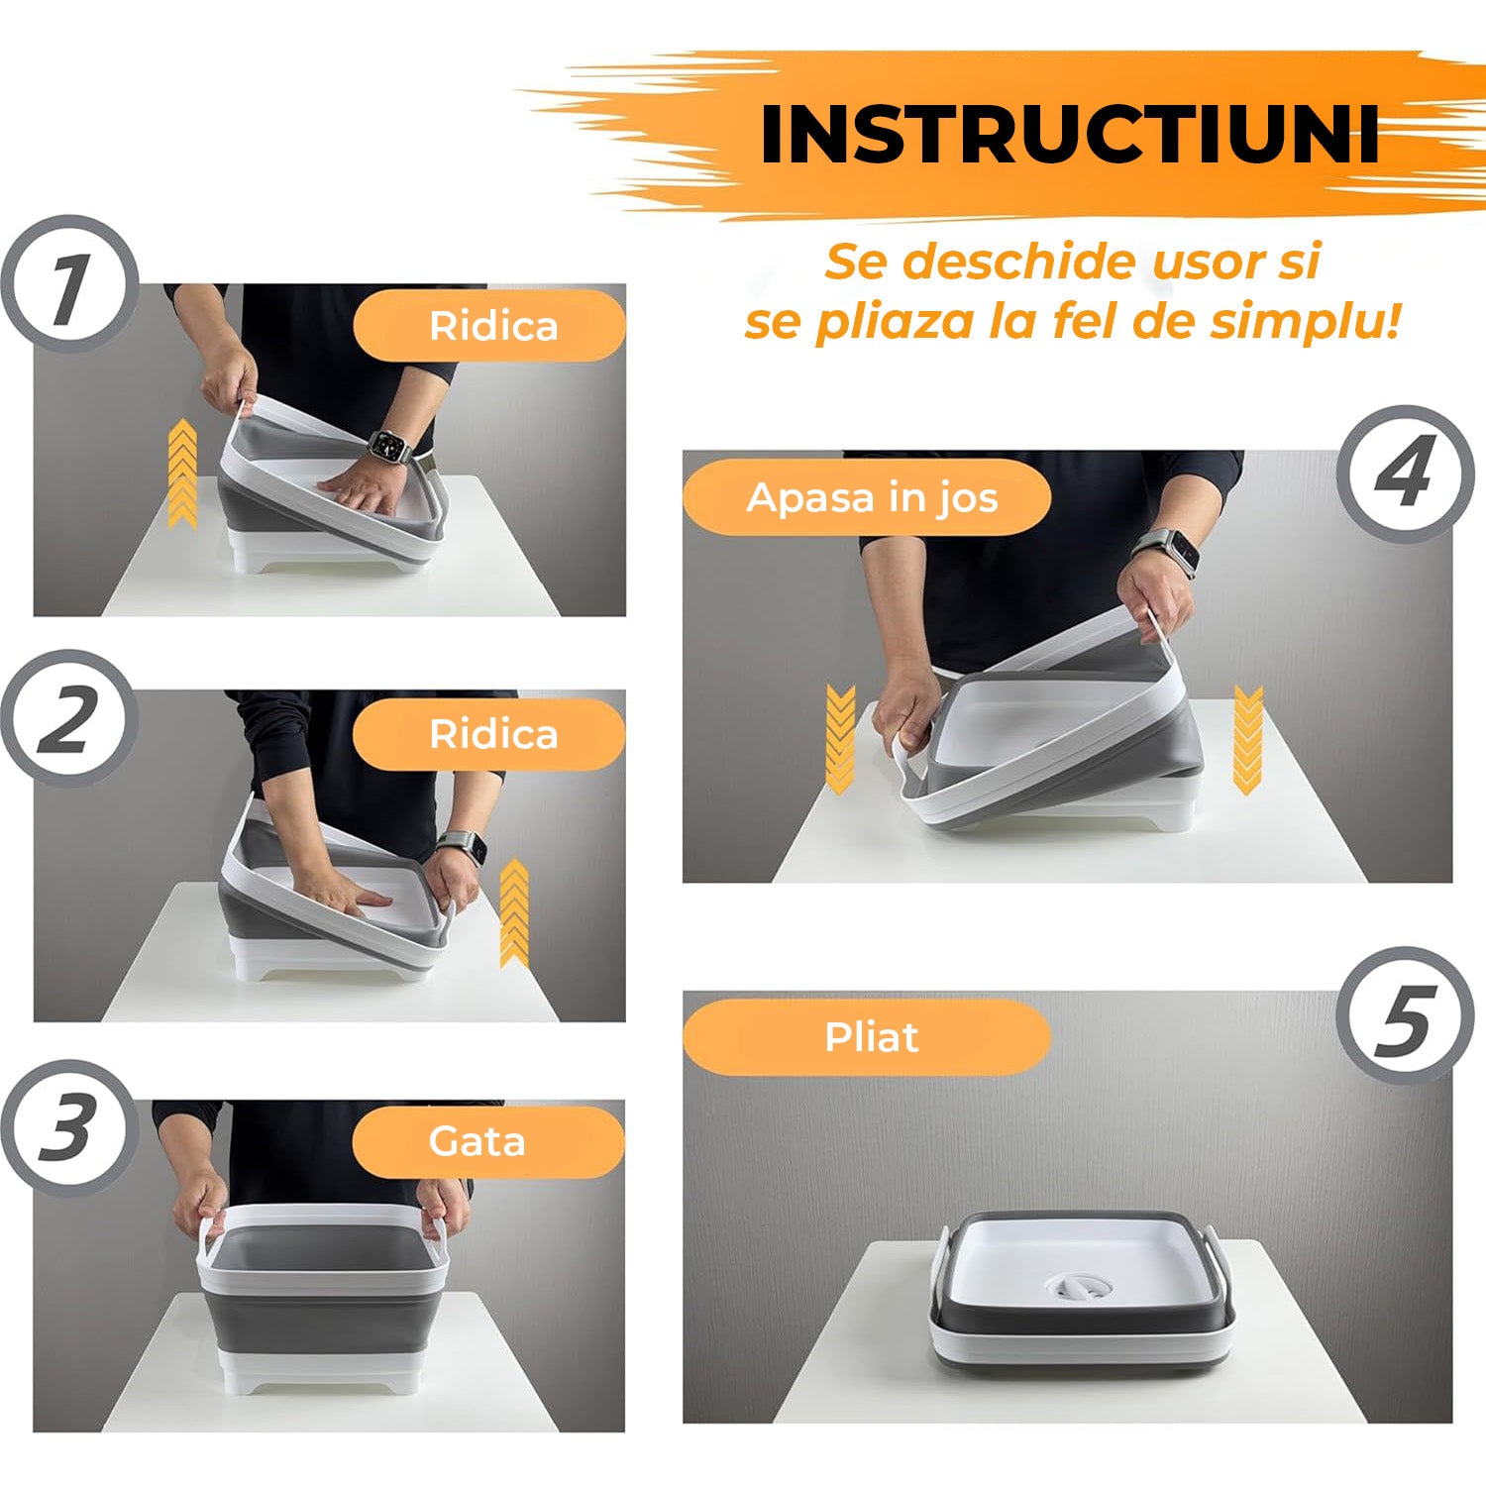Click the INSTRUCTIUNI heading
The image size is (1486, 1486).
coord(1070,134)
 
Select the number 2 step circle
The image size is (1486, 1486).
coord(69,718)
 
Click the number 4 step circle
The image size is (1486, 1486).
coord(1405,474)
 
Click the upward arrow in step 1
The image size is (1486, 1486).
coord(182,472)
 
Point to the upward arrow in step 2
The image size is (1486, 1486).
coord(514,912)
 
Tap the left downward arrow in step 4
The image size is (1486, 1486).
coord(840,739)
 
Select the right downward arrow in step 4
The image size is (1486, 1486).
coord(1248,739)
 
